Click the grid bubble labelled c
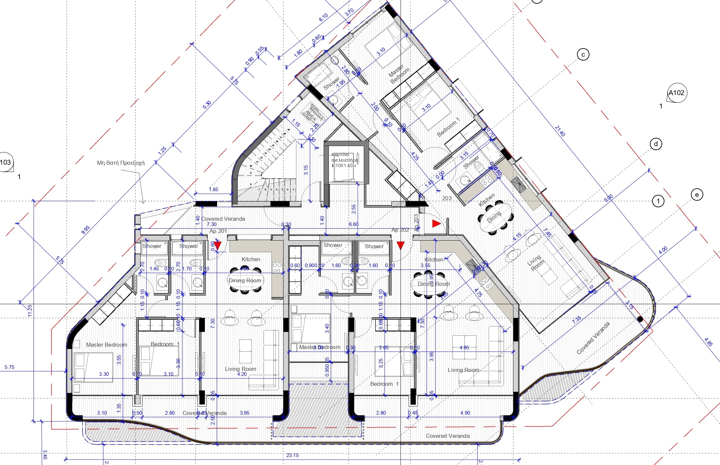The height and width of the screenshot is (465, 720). coord(583,54)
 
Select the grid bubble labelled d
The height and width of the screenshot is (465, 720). coord(656,144)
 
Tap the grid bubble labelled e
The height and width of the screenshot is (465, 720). coord(697,195)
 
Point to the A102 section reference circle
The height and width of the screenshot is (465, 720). coord(677,93)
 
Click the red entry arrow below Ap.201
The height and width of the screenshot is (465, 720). coord(217,246)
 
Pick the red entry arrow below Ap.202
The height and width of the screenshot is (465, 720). coord(400,246)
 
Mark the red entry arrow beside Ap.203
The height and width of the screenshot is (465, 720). coord(436,224)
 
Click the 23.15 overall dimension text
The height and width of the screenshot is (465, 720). coord(292,455)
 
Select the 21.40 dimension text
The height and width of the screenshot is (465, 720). coord(560,131)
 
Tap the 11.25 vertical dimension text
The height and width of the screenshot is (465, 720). coord(30,311)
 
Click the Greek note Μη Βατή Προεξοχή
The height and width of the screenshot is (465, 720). coord(121,163)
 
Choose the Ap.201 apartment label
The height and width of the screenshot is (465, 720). coord(218,231)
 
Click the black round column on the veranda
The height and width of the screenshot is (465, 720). coord(640,319)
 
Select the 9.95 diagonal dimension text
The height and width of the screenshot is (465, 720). coord(86,230)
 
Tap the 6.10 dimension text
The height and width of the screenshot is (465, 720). coord(323,17)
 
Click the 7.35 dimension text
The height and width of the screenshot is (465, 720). coord(576,320)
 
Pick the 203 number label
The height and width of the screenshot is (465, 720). coord(447,198)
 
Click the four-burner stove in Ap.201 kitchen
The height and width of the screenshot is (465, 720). coord(277,268)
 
